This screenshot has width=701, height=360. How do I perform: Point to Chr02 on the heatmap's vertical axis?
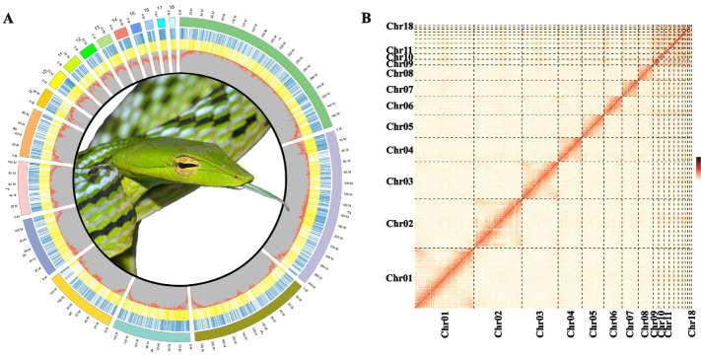click(x=399, y=224)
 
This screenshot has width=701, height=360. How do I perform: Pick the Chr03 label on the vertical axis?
click(x=399, y=181)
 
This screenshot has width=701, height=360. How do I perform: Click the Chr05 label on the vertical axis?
click(x=399, y=127)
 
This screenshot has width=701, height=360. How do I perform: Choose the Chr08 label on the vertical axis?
click(x=399, y=73)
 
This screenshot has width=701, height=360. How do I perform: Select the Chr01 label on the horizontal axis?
click(x=445, y=324)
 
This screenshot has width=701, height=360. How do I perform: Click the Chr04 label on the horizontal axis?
click(x=570, y=324)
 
